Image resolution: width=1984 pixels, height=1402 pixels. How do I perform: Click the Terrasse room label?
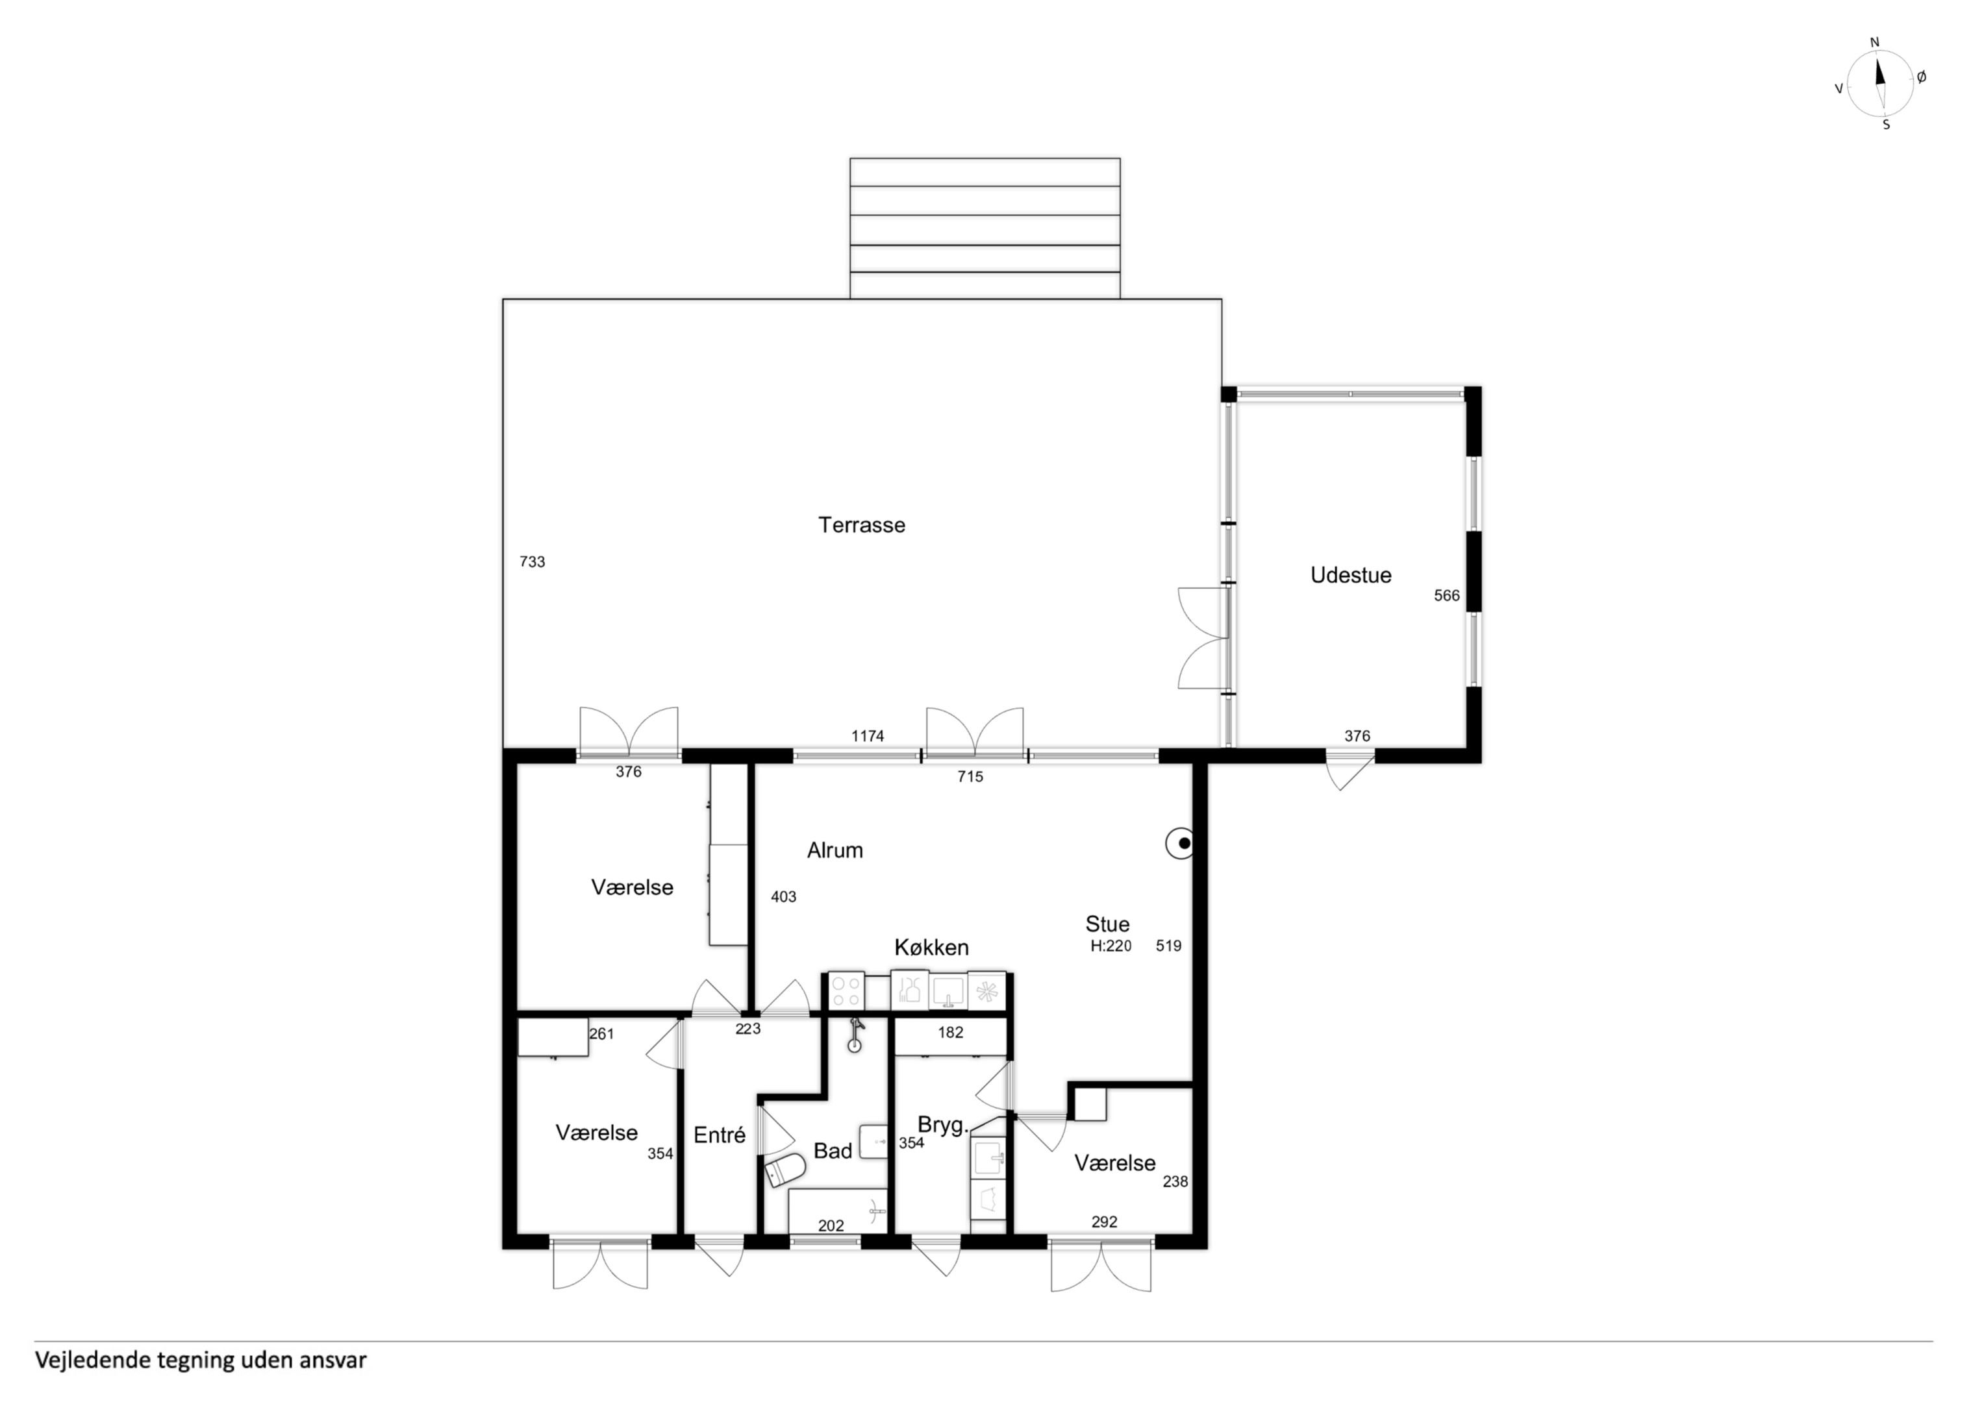pos(862,525)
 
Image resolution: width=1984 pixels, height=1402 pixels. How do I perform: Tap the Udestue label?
pos(1351,575)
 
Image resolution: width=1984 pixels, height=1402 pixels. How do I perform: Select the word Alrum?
pos(835,850)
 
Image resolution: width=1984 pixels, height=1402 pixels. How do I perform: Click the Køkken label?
pos(931,948)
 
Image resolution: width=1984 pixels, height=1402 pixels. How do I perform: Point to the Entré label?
pos(719,1135)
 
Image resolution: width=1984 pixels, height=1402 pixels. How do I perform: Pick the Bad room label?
pos(833,1151)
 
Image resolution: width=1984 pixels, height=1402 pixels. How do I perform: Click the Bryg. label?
pos(941,1126)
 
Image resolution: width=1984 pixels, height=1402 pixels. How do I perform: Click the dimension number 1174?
pos(868,736)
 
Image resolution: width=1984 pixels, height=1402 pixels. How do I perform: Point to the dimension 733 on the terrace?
pos(533,561)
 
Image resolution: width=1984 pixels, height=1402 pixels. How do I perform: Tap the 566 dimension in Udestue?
pos(1446,595)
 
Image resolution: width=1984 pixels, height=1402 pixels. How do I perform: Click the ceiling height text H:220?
pos(1111,946)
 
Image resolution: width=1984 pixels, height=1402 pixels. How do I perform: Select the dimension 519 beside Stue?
pos(1168,946)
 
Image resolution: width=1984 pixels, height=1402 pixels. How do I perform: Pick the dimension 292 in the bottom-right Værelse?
pos(1104,1222)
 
